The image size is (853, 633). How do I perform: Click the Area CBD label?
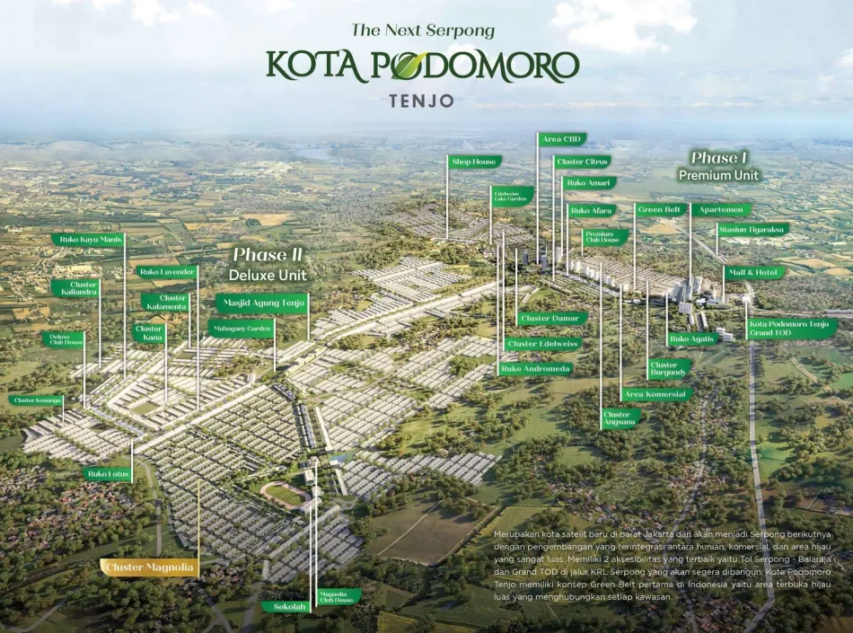(563, 139)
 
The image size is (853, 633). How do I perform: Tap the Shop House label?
(474, 162)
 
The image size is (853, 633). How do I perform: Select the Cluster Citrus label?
(583, 162)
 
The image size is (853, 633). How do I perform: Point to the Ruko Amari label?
(588, 183)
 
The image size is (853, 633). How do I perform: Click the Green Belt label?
(660, 209)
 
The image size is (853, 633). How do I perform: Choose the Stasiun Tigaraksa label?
(752, 229)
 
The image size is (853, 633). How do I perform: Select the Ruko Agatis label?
(691, 339)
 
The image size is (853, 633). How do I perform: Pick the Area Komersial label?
(655, 394)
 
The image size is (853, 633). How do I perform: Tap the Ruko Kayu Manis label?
(89, 240)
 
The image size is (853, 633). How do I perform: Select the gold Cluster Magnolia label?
(149, 567)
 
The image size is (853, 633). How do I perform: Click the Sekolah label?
(286, 607)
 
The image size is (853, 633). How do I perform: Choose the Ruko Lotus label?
(108, 473)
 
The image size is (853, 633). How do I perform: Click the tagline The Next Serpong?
(423, 31)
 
